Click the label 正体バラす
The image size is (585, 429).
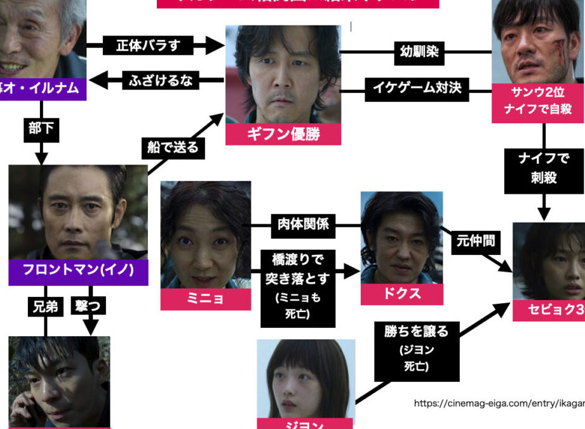148,46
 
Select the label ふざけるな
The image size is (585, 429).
161,81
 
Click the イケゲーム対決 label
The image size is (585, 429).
417,88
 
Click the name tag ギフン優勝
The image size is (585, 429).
283,134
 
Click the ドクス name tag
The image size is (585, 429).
401,294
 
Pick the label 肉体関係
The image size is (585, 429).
303,224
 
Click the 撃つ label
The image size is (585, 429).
90,307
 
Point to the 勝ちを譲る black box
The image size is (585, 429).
417,348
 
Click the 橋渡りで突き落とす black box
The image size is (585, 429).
298,286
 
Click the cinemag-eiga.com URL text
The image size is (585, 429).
499,404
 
